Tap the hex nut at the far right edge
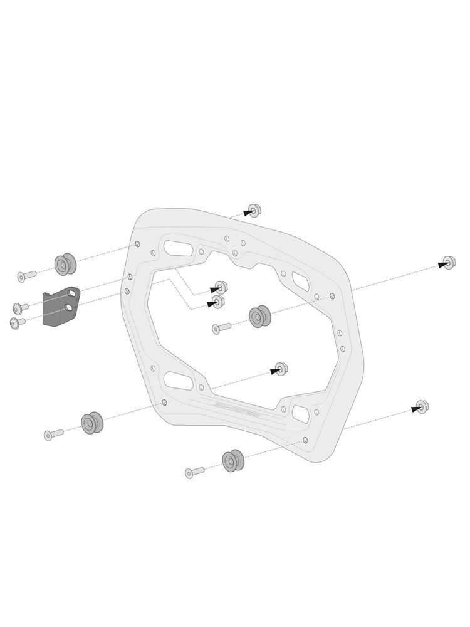(449, 263)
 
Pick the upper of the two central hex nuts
(221, 287)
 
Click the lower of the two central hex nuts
(217, 302)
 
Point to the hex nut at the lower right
(422, 406)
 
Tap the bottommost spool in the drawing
(233, 461)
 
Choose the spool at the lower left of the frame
(91, 423)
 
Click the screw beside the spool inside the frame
(221, 327)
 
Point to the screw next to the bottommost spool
(194, 472)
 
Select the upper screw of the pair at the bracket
(20, 307)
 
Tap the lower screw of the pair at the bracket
(18, 322)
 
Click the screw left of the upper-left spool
(26, 276)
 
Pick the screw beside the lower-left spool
(53, 434)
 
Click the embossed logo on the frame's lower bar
(241, 410)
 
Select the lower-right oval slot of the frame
(301, 413)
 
